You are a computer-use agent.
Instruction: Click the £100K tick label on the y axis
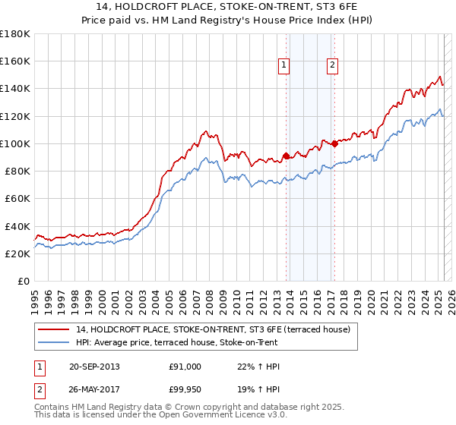pyautogui.click(x=15, y=143)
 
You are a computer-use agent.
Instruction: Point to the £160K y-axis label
pyautogui.click(x=15, y=61)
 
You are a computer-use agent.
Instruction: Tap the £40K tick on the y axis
pyautogui.click(x=17, y=226)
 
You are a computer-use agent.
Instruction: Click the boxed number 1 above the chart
pyautogui.click(x=283, y=66)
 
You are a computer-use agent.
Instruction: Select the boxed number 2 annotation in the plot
pyautogui.click(x=333, y=66)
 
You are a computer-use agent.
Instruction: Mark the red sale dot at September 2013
pyautogui.click(x=286, y=156)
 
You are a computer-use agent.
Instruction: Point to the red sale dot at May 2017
pyautogui.click(x=334, y=143)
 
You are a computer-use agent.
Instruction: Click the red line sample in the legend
pyautogui.click(x=55, y=329)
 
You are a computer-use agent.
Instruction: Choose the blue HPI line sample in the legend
pyautogui.click(x=55, y=343)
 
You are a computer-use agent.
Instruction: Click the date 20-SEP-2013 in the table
pyautogui.click(x=93, y=367)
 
